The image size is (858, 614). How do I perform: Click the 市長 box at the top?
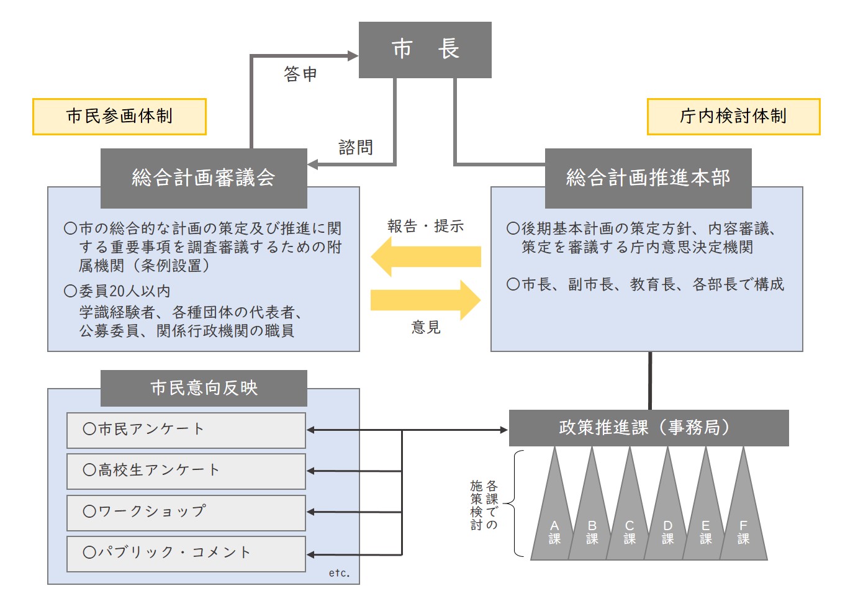(425, 50)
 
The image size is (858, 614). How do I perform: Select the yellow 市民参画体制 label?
(119, 116)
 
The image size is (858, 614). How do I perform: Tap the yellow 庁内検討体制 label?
(733, 116)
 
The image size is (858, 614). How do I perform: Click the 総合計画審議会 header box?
(204, 178)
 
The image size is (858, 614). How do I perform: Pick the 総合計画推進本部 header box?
(648, 178)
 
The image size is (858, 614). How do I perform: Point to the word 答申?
(300, 74)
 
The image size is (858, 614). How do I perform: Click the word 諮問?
(356, 147)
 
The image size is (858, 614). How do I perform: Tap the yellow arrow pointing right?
(425, 300)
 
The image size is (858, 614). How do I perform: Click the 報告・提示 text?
(425, 226)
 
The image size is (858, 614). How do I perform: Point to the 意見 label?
(426, 327)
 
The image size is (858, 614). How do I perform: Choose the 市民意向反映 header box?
(204, 388)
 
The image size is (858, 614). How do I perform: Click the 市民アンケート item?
(186, 430)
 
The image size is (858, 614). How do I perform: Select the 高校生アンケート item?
(186, 471)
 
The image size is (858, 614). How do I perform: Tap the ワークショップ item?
(186, 512)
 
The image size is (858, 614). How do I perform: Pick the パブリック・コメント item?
(186, 553)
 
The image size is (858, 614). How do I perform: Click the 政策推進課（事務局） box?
(648, 428)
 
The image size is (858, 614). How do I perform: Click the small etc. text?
(339, 573)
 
